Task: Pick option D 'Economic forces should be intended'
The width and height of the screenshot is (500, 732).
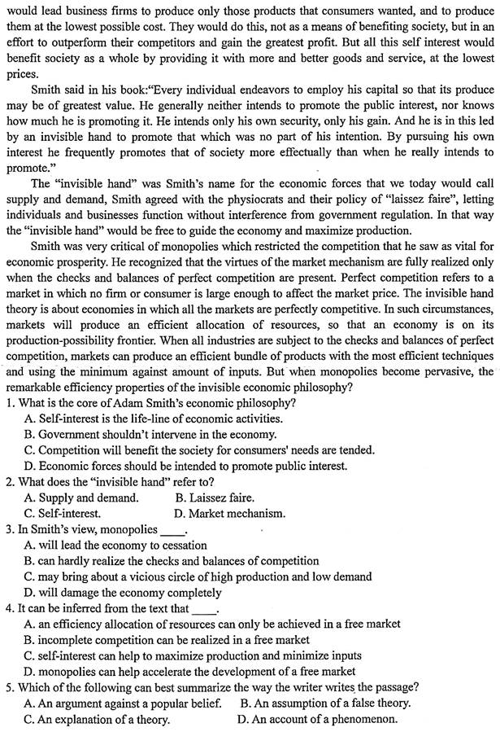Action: [185, 466]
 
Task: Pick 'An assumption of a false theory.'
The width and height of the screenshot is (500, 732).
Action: [325, 703]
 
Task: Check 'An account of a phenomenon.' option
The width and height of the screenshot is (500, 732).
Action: [317, 719]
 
